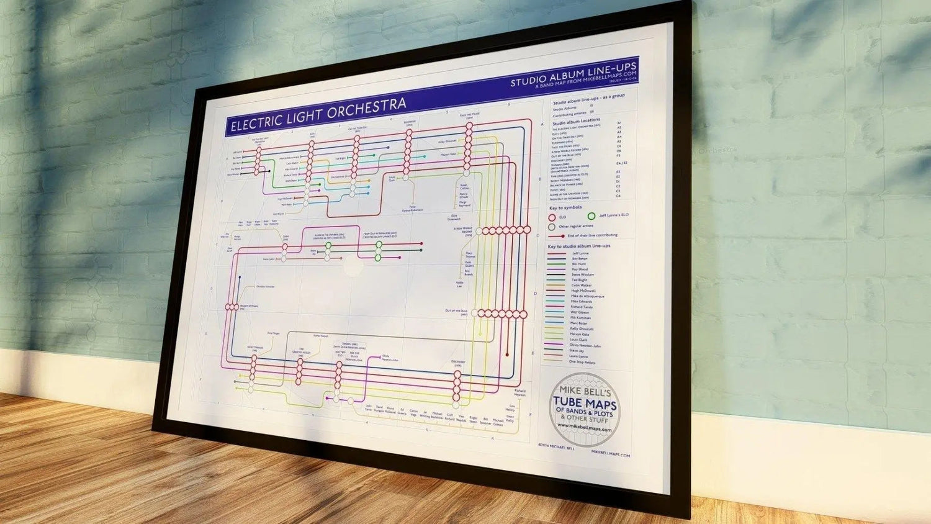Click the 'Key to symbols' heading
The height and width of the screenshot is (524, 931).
[565, 207]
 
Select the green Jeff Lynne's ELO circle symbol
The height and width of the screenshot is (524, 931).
[591, 216]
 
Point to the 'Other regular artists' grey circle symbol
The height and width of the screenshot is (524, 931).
[551, 227]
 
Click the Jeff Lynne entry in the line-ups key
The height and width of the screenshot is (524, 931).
[580, 253]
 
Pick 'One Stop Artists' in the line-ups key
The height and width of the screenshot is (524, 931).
[582, 363]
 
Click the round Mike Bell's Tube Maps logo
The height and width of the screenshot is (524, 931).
[584, 410]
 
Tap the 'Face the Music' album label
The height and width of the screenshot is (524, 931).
[469, 115]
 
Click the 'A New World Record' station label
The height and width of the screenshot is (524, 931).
[463, 231]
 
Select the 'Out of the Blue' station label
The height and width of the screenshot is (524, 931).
[456, 312]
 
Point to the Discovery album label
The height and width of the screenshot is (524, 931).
[458, 363]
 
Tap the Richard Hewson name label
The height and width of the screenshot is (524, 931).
[519, 393]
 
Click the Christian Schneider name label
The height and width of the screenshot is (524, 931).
[264, 287]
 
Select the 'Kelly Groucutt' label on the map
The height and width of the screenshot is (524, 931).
[447, 142]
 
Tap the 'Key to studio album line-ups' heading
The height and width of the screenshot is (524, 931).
[578, 246]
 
